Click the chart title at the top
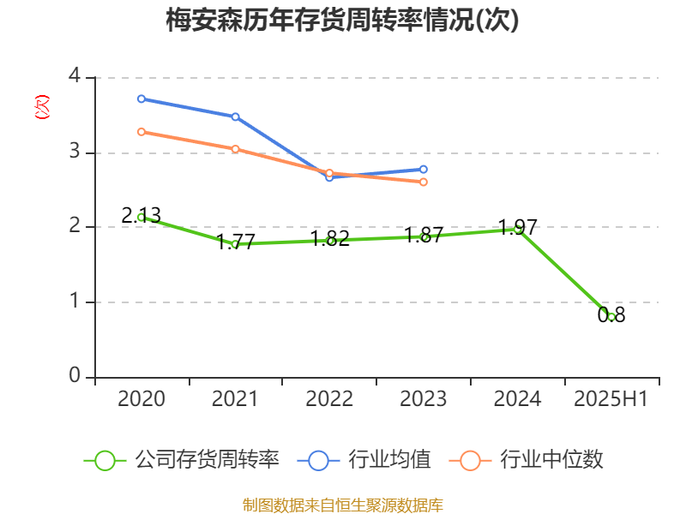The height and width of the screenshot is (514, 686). coord(343,21)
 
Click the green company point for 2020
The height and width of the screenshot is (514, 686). coord(141,218)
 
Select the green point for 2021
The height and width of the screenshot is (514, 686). coord(235,244)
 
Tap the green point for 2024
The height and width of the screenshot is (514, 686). coord(517,229)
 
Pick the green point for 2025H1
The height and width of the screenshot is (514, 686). coord(611,317)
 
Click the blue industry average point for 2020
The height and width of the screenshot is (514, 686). coord(141,99)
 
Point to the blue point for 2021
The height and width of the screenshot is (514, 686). coord(235,117)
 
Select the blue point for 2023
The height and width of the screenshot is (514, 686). coord(424,169)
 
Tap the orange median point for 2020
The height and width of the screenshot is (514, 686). coord(141,132)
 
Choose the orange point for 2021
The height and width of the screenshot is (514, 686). coord(235,149)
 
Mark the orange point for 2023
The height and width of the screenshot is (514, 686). coord(424,182)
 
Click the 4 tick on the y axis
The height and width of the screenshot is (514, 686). coord(75,77)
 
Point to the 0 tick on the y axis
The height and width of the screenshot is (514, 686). coord(75,377)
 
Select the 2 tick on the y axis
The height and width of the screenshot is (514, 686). coord(75,227)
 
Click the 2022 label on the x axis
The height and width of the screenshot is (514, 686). coord(329,399)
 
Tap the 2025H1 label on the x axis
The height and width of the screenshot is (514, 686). coord(611,399)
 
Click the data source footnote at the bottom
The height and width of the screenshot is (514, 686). coord(343,505)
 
